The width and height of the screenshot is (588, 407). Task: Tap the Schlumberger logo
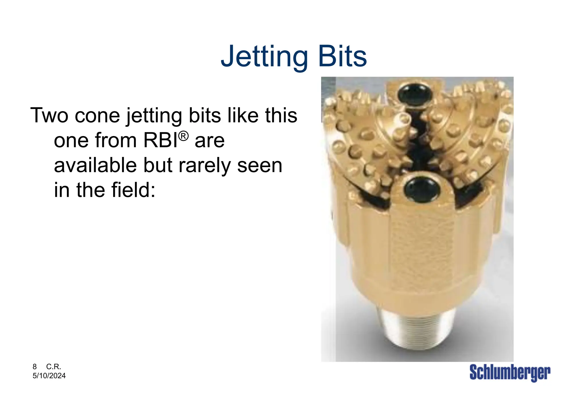510,373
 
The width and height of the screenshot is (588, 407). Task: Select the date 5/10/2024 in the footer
49,376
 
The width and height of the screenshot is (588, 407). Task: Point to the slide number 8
35,367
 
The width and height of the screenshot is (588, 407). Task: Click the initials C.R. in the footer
54,367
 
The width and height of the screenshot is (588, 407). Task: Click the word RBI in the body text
160,141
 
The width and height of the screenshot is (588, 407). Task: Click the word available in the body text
96,166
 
